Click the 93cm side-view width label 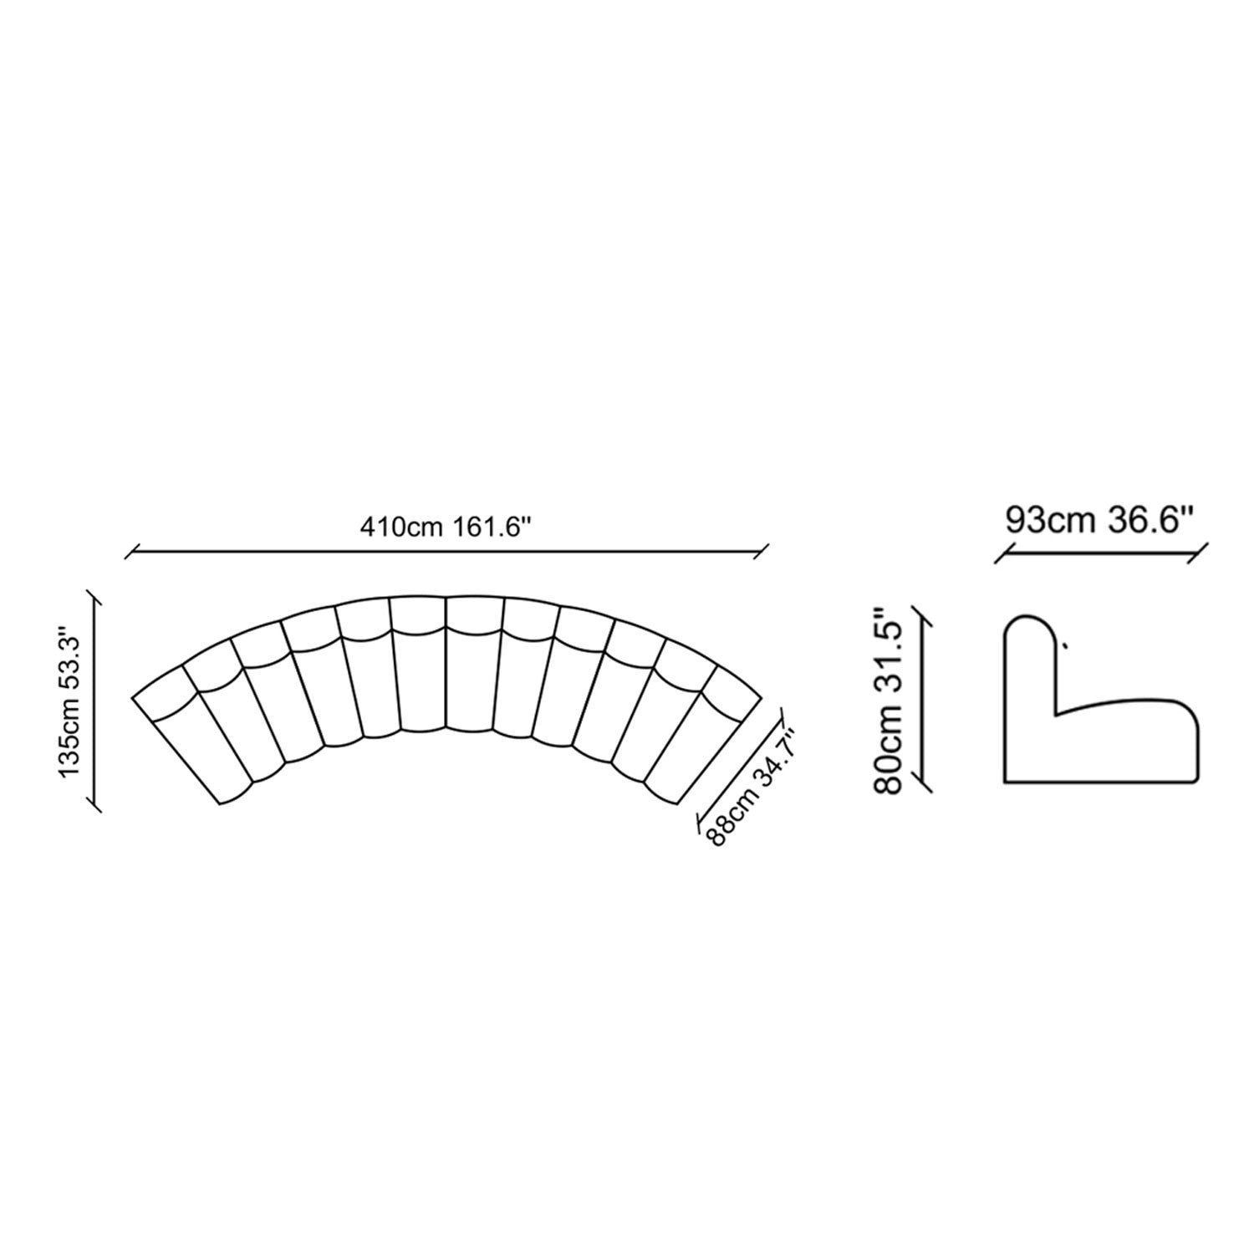tap(1051, 519)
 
